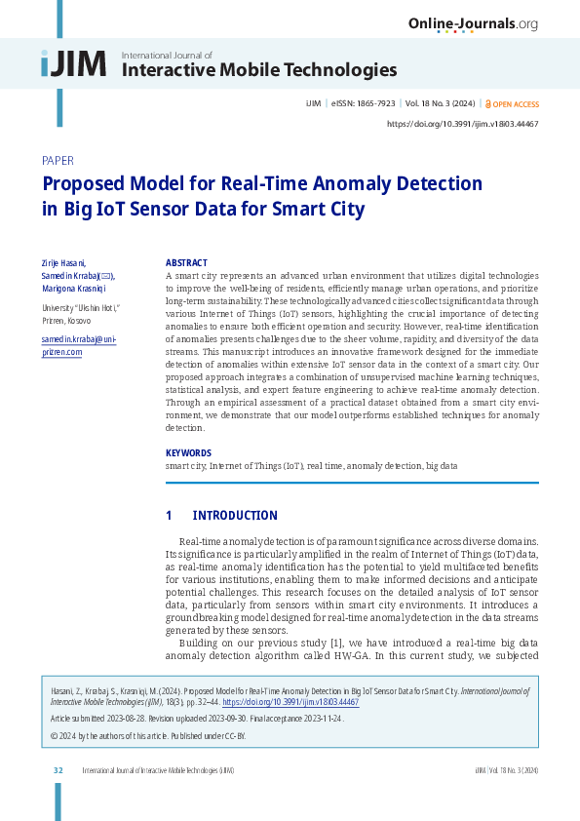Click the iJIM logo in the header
pos(73,63)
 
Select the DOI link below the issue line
pos(463,124)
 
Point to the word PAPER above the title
pos(59,160)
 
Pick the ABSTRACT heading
pos(186,263)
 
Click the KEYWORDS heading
pos(188,452)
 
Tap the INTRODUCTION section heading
pos(234,516)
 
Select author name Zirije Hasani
pos(63,263)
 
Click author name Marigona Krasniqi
pos(74,289)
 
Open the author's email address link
pos(78,345)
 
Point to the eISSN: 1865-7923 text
pos(360,102)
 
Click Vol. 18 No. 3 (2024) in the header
pos(441,102)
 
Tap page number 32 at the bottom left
pos(58,770)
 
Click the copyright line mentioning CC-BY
pos(148,735)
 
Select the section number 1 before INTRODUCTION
pos(169,516)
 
